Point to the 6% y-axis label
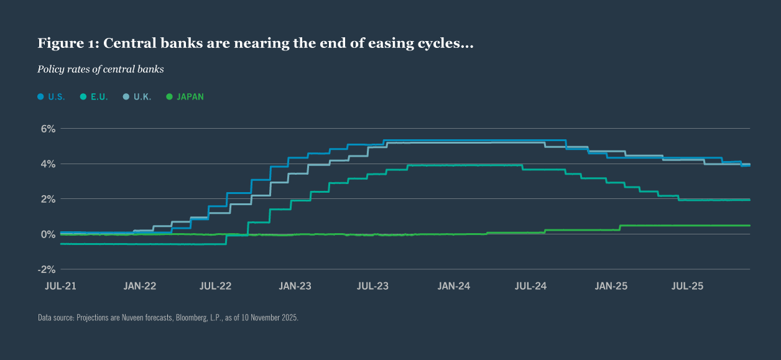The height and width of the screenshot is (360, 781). click(49, 129)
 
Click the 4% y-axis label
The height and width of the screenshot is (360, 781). click(49, 164)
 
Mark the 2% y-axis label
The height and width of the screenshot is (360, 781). click(49, 199)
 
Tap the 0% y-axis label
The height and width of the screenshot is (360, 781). click(49, 234)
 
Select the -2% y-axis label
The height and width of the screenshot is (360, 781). click(47, 269)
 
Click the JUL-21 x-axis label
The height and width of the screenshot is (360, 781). click(61, 287)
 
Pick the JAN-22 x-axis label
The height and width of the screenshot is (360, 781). click(140, 287)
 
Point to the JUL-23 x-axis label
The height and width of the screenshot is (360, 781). click(373, 287)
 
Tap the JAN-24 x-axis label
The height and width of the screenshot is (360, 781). click(454, 287)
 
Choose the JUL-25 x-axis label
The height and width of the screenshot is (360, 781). click(688, 287)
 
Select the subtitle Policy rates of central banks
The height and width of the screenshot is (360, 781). click(101, 70)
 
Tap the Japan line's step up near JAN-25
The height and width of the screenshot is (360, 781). click(620, 228)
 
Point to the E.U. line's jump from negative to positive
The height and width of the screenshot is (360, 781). click(248, 229)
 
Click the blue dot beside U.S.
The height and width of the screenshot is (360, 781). click(41, 97)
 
